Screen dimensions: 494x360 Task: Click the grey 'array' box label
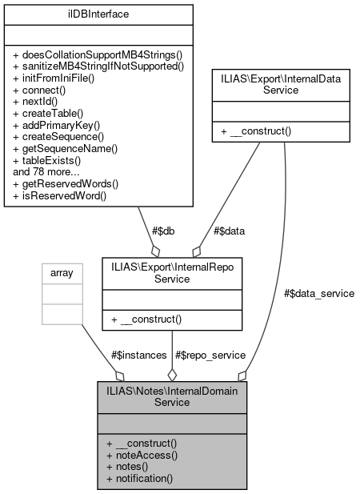pyautogui.click(x=62, y=273)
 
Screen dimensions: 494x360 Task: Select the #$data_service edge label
pyautogui.click(x=319, y=294)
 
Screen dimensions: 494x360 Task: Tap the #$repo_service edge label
pyautogui.click(x=203, y=354)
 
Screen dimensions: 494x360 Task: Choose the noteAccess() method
pyautogui.click(x=141, y=454)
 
